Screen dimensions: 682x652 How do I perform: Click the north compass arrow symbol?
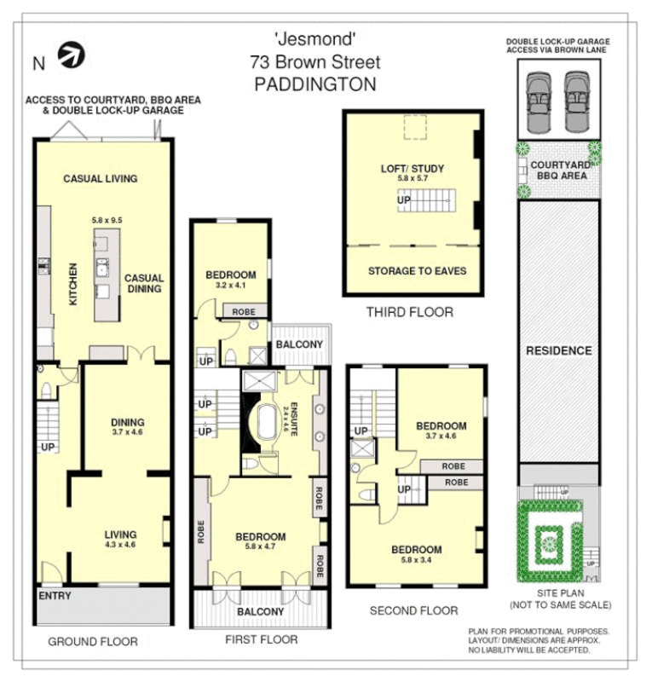pos(72,55)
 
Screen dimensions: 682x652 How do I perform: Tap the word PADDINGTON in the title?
pos(315,84)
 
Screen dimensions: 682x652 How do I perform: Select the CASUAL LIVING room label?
pos(101,179)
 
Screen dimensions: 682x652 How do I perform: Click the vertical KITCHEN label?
pos(74,284)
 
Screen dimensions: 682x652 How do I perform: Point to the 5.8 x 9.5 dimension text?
pos(107,220)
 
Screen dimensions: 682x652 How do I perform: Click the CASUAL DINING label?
pos(144,284)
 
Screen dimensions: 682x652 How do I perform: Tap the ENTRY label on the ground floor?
pos(55,595)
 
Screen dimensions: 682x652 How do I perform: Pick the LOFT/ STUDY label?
pos(413,169)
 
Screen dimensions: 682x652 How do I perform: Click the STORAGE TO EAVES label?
pos(417,271)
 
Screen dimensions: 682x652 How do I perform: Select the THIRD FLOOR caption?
pos(410,313)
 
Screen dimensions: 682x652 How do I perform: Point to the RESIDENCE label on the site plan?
pos(558,350)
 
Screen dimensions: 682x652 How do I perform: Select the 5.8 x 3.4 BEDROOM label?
pos(416,554)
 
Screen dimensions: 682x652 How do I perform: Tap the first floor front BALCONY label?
pos(260,611)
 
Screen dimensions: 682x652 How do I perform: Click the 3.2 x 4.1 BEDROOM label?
pos(231,280)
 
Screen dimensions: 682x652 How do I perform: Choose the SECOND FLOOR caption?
pos(413,610)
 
